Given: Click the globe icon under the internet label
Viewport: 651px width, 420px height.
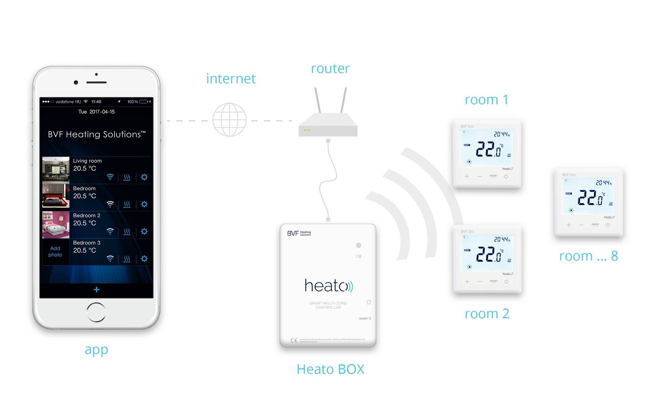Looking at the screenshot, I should (x=230, y=120).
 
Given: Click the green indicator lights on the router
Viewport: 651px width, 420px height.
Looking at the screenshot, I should (x=307, y=130).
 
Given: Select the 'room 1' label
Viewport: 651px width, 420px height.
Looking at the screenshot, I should (x=486, y=100).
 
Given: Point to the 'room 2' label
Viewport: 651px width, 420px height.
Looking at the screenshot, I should (x=487, y=314).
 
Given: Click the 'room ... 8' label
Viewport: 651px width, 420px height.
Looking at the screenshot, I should (x=588, y=256).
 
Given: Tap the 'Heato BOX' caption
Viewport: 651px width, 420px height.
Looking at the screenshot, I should (x=330, y=369).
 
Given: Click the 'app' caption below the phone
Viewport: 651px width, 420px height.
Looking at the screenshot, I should (x=96, y=349).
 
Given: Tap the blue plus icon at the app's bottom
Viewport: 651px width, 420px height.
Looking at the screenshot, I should (x=97, y=289).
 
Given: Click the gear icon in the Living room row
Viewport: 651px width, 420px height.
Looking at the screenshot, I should (x=144, y=177).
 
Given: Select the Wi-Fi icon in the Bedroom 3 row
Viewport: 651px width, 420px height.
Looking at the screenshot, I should (x=110, y=259).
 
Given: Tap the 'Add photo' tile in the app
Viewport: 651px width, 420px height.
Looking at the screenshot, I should (x=55, y=252).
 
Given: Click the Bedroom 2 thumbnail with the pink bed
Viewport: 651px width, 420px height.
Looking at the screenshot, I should (x=56, y=225).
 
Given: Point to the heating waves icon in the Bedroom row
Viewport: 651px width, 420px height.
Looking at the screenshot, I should (x=127, y=204).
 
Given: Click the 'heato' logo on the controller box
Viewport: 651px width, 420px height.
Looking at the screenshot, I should (x=328, y=285).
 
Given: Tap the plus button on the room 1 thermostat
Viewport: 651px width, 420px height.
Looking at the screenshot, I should (x=467, y=176).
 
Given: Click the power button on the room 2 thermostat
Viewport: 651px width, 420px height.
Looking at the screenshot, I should (x=506, y=281).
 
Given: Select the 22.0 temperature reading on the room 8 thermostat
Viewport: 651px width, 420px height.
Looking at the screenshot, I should (x=591, y=198).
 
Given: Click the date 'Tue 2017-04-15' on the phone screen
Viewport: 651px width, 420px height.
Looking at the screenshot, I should (x=97, y=112).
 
